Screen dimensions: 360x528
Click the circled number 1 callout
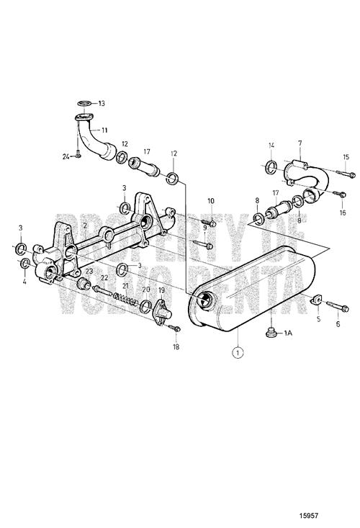(238, 352)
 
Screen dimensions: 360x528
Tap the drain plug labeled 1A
(271, 332)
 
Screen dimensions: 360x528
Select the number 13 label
(101, 103)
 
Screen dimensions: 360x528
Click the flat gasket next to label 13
(84, 103)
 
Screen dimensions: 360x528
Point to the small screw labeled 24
(78, 156)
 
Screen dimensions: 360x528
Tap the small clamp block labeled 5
(316, 300)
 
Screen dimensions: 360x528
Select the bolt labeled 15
(346, 174)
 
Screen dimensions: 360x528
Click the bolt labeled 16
(339, 194)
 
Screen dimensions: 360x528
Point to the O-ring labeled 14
(271, 167)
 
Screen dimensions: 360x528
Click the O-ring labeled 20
(145, 305)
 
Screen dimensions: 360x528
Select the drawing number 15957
(309, 515)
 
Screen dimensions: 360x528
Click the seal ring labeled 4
(25, 264)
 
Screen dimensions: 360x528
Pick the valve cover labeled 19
(162, 313)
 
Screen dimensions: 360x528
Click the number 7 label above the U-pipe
(300, 143)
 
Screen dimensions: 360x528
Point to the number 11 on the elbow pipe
(104, 129)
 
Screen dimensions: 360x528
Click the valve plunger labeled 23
(84, 284)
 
